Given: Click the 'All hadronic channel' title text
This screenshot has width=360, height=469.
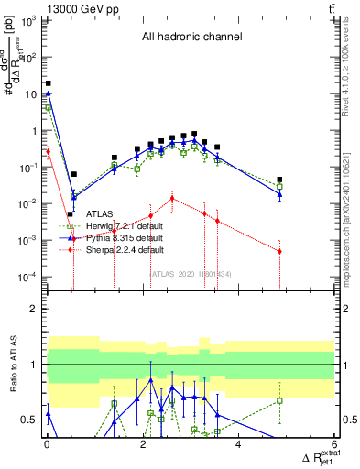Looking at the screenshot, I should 191,38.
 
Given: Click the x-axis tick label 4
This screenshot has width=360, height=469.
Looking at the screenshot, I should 238,445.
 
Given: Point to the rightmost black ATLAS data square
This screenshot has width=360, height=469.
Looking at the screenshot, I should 279,180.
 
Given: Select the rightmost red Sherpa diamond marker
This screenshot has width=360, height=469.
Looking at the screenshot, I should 279,251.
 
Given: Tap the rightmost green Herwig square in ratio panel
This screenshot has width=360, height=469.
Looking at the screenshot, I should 279,400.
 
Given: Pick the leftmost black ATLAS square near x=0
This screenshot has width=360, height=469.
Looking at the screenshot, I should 48,82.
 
